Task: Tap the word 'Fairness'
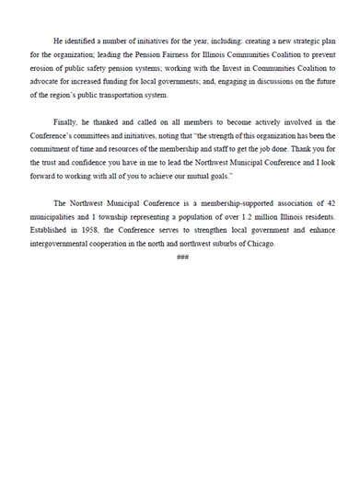click(163, 54)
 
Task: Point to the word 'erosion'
click(45, 67)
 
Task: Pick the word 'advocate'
click(48, 80)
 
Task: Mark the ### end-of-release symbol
click(181, 255)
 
